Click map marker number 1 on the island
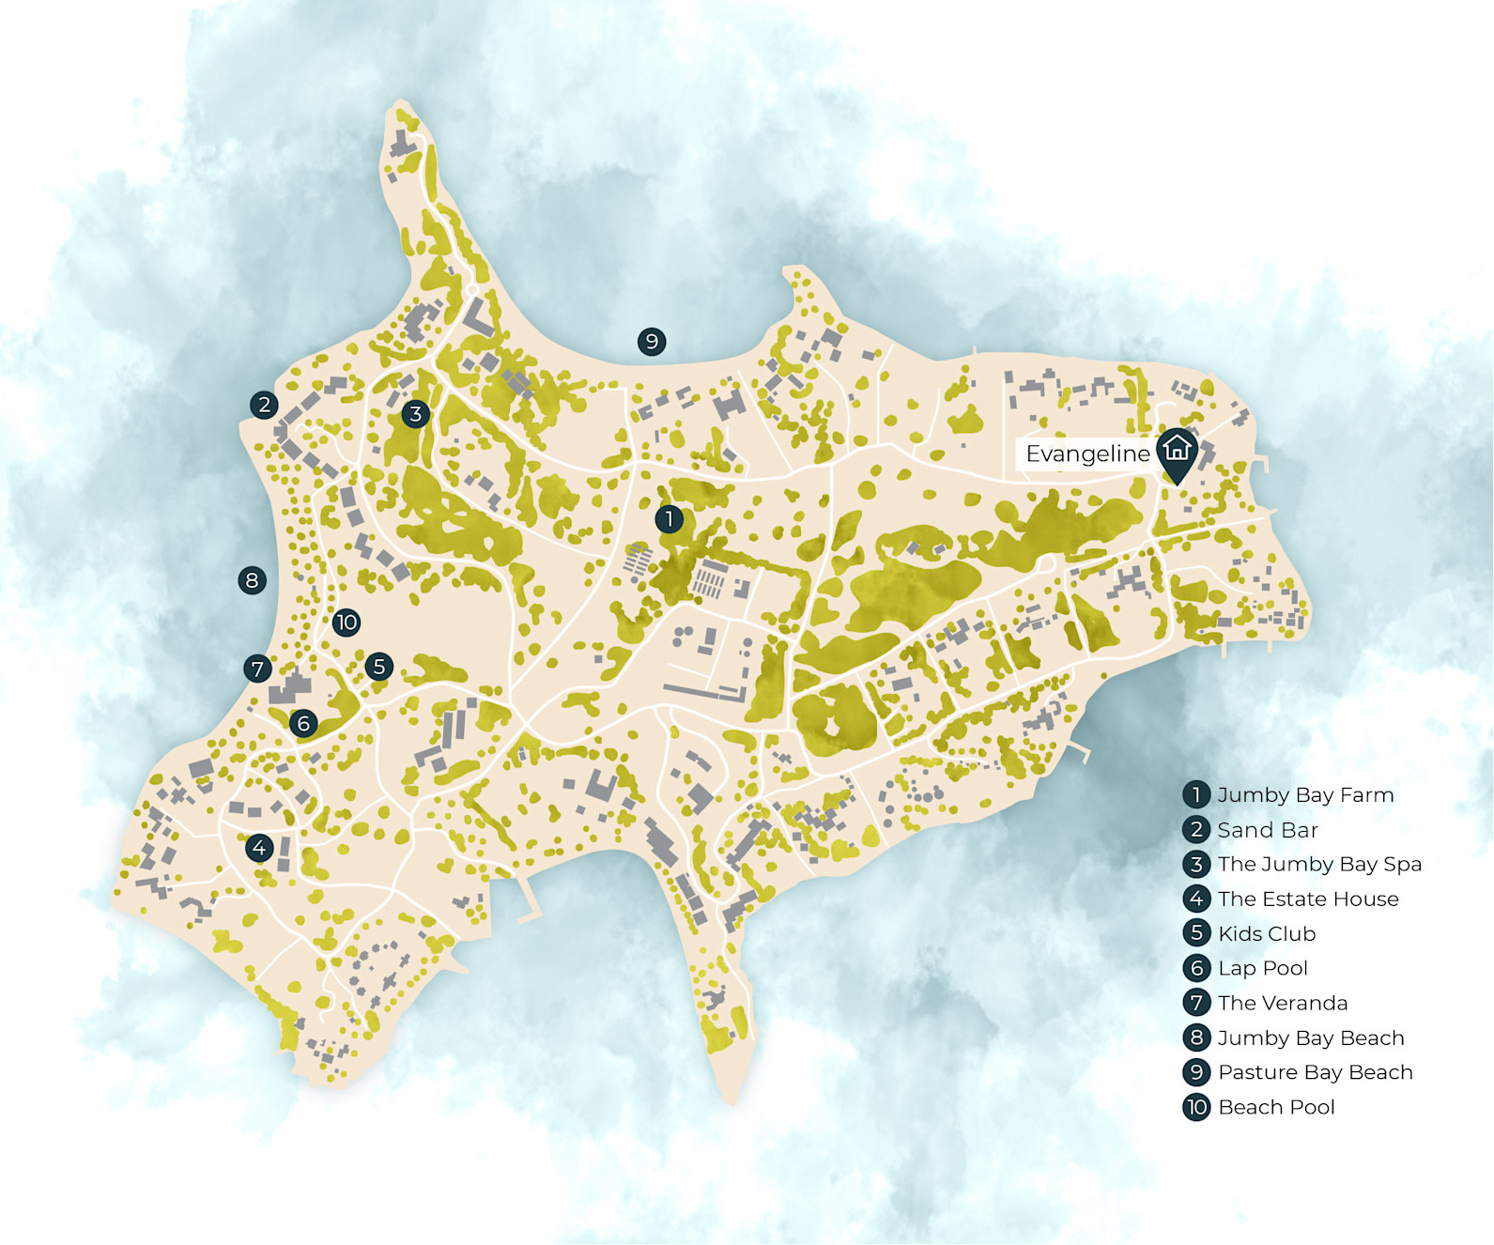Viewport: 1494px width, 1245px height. [x=669, y=518]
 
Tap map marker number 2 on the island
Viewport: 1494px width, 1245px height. [x=264, y=405]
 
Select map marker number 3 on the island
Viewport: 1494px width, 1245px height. [x=415, y=413]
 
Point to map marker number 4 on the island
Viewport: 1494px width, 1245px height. [x=259, y=848]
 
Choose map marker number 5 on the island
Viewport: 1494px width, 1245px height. [x=378, y=667]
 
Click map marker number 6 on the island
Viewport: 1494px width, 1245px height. [x=302, y=723]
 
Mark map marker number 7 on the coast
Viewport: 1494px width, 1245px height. [x=257, y=669]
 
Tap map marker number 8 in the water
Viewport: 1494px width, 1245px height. [x=252, y=580]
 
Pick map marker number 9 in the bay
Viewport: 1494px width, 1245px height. [x=652, y=341]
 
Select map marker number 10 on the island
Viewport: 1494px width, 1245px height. [x=347, y=622]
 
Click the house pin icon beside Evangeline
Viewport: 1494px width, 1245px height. [x=1177, y=452]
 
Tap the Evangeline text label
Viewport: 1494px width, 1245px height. [x=1087, y=454]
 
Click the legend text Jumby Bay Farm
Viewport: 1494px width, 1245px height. [x=1305, y=795]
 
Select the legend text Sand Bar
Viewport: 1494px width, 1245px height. [x=1268, y=830]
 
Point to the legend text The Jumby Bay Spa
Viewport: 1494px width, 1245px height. [x=1319, y=864]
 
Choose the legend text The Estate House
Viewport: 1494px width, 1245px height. [x=1308, y=899]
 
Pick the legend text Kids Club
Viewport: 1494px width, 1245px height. [x=1267, y=933]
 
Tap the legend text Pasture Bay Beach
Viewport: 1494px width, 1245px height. [x=1315, y=1072]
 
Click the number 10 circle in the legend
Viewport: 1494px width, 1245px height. [x=1196, y=1107]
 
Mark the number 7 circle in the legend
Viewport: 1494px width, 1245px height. [x=1196, y=1003]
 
